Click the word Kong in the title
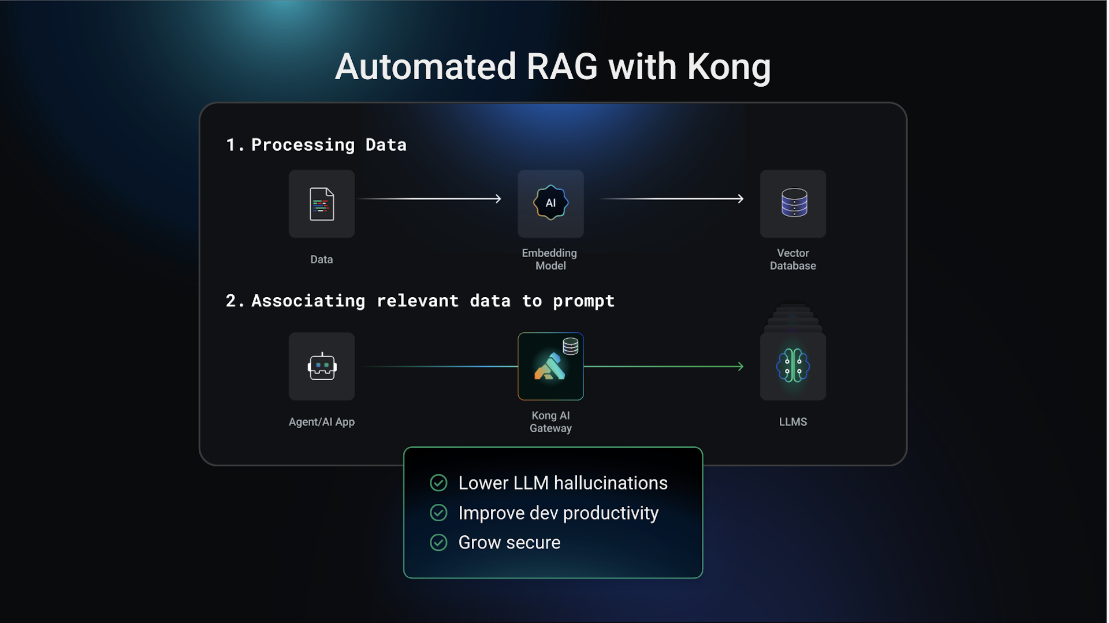pyautogui.click(x=729, y=68)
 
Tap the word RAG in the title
pyautogui.click(x=561, y=68)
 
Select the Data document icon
pyautogui.click(x=322, y=204)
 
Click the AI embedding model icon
pyautogui.click(x=550, y=203)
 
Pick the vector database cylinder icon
pyautogui.click(x=794, y=203)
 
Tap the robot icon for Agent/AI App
pyautogui.click(x=322, y=366)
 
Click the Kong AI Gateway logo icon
pyautogui.click(x=549, y=368)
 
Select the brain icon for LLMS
pyautogui.click(x=792, y=366)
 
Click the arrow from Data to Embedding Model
pyautogui.click(x=430, y=199)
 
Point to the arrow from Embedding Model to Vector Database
pyautogui.click(x=673, y=199)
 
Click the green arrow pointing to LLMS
pyautogui.click(x=664, y=366)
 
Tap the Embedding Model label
pyautogui.click(x=550, y=259)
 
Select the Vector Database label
pyautogui.click(x=792, y=259)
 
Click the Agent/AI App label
pyautogui.click(x=322, y=422)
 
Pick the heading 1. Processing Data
pyautogui.click(x=317, y=144)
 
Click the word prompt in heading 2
pyautogui.click(x=583, y=301)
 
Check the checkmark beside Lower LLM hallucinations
pyautogui.click(x=438, y=483)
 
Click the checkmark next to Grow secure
pyautogui.click(x=438, y=542)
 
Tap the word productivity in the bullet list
pyautogui.click(x=611, y=513)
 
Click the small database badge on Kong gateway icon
pyautogui.click(x=571, y=346)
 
